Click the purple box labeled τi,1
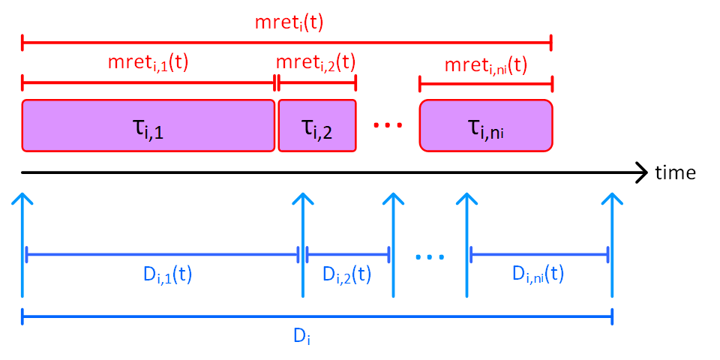(x=148, y=125)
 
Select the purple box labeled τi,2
(x=316, y=125)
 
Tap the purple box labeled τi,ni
(x=485, y=125)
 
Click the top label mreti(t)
(x=289, y=22)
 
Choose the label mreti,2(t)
(x=316, y=62)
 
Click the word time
(x=675, y=173)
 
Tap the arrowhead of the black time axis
(x=641, y=173)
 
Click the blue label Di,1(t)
(x=163, y=275)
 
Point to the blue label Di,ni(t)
(x=538, y=275)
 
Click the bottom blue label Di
(x=301, y=337)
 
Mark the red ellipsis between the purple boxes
(x=388, y=125)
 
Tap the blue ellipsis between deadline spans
(x=430, y=256)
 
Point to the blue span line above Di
(x=317, y=317)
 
